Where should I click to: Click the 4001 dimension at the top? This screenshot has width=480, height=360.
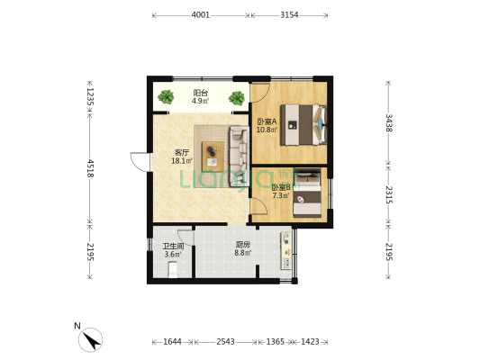coord(201,14)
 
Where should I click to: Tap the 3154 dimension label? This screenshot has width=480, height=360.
coord(289,14)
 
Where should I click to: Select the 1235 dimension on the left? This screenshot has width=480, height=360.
coord(90,96)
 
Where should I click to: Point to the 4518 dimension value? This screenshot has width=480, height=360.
coord(90,168)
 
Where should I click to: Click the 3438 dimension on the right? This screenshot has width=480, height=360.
coord(388,123)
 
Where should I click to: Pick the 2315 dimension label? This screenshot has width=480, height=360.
coord(388,194)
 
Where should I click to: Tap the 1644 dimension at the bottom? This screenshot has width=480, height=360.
coord(172,341)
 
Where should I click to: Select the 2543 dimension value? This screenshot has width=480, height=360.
coord(226,341)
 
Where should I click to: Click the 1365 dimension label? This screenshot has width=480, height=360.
coord(276,341)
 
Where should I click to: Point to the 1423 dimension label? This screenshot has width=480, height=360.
coord(310,341)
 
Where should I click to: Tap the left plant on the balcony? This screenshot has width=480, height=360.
coord(166,97)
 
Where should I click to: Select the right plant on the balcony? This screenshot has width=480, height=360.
coord(237,98)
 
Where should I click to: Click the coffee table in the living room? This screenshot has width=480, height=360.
coord(213,157)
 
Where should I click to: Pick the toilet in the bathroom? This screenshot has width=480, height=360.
coord(173,270)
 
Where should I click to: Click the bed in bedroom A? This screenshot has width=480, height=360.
coord(303,125)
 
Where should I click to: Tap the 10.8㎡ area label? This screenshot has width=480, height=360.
coord(267,130)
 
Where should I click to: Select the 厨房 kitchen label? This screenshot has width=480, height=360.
coord(243,245)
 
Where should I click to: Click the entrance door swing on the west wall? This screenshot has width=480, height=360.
coord(140,162)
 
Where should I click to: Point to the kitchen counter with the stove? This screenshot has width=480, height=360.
coord(286,250)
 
